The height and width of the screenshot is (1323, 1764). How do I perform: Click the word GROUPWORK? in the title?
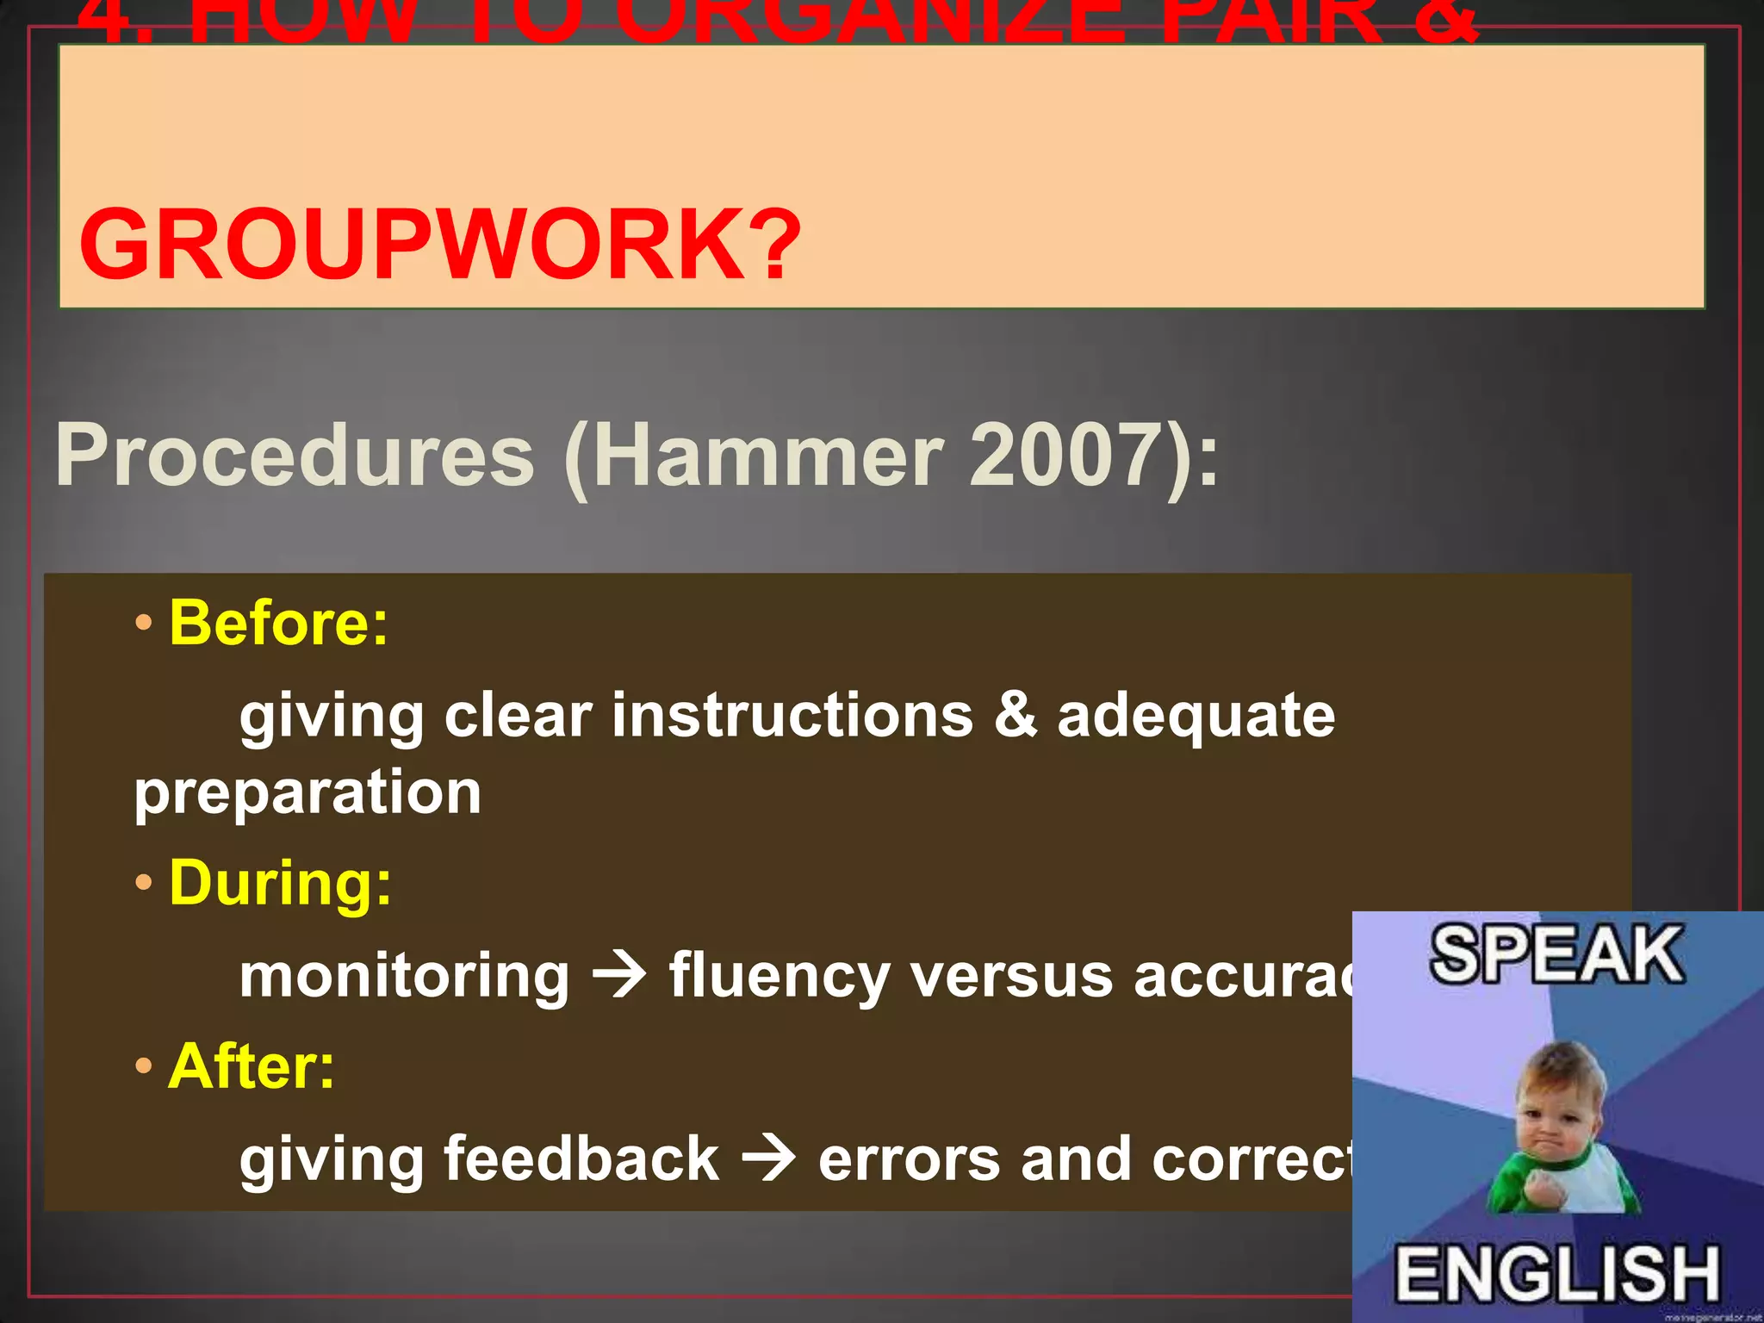tap(439, 245)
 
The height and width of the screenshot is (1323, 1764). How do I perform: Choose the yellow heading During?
tap(280, 883)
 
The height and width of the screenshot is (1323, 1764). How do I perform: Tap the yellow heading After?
tap(251, 1066)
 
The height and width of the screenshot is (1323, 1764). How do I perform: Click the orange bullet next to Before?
tap(144, 622)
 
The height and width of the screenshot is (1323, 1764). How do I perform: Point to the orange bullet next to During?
tap(144, 883)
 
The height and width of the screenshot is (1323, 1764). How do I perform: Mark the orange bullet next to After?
tap(144, 1066)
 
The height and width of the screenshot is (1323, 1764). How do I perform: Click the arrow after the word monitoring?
tap(619, 976)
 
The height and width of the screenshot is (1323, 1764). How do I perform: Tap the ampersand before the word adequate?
tap(1016, 715)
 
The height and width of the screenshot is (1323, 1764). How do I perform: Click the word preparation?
tap(307, 792)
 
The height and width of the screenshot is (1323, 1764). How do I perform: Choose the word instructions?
tap(792, 715)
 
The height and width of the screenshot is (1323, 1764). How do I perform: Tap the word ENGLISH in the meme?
tap(1557, 1273)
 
